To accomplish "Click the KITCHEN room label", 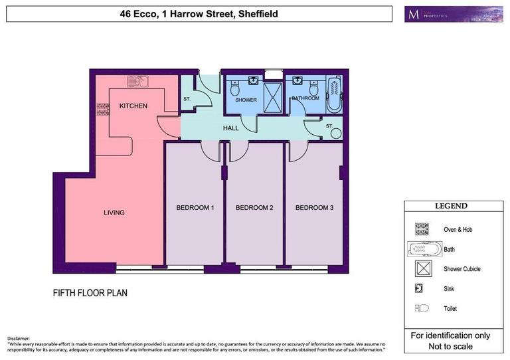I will [x=133, y=106].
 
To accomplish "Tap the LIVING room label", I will [x=114, y=213].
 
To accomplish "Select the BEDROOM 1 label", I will [x=195, y=208].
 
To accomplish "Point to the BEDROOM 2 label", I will [x=254, y=208].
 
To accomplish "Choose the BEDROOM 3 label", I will [x=314, y=208].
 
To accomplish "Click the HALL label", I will [x=230, y=128].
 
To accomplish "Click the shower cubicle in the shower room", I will [x=272, y=98].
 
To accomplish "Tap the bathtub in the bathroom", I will [x=333, y=94].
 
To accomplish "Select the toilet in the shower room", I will [x=234, y=90].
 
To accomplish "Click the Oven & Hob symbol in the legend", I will [x=421, y=229].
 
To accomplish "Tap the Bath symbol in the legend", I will [x=424, y=249].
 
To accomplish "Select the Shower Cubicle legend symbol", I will [x=421, y=269].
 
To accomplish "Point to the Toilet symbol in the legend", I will [x=421, y=308].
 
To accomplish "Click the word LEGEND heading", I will [x=451, y=207].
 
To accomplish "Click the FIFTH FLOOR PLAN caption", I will [x=90, y=292].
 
